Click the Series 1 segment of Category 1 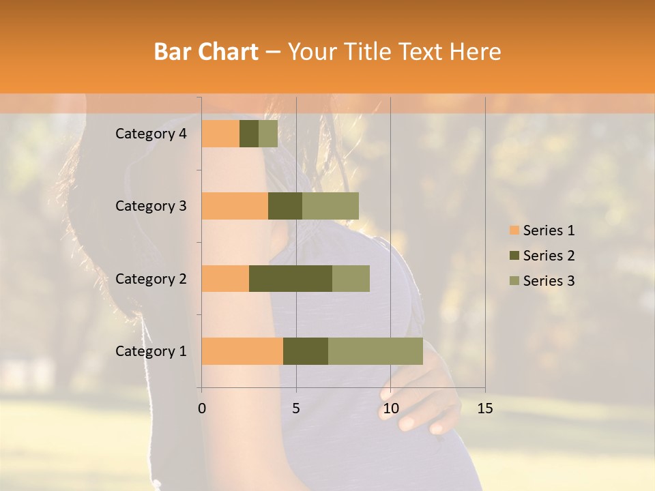(x=242, y=351)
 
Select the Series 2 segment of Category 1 (x=306, y=351)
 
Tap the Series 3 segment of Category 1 (x=375, y=351)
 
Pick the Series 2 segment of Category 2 (x=291, y=278)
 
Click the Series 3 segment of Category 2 (x=351, y=278)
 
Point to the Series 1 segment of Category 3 (x=235, y=206)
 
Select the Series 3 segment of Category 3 (x=330, y=206)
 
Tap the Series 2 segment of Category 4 (x=249, y=134)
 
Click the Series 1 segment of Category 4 (x=220, y=134)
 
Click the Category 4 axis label (x=151, y=134)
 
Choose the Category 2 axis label (x=151, y=278)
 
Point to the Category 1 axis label (x=151, y=351)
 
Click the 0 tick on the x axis (x=202, y=408)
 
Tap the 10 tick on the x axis (x=390, y=408)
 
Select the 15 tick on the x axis (x=485, y=408)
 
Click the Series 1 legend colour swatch (x=514, y=230)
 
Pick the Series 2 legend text (x=549, y=256)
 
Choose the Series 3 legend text (x=549, y=281)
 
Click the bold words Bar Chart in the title (x=206, y=52)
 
